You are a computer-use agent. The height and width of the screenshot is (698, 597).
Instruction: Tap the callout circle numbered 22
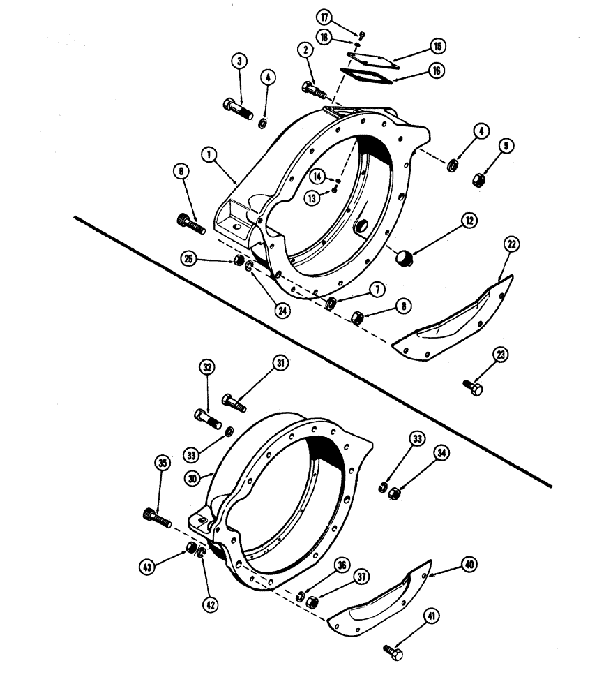(511, 244)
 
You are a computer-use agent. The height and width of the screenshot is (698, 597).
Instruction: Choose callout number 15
(437, 47)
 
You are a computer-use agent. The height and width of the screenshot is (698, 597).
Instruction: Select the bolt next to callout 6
(190, 223)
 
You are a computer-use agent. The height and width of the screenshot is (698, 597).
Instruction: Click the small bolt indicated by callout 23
(472, 386)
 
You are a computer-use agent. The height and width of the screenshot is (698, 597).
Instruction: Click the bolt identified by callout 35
(158, 518)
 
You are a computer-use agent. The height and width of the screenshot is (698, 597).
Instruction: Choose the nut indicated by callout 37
(312, 600)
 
